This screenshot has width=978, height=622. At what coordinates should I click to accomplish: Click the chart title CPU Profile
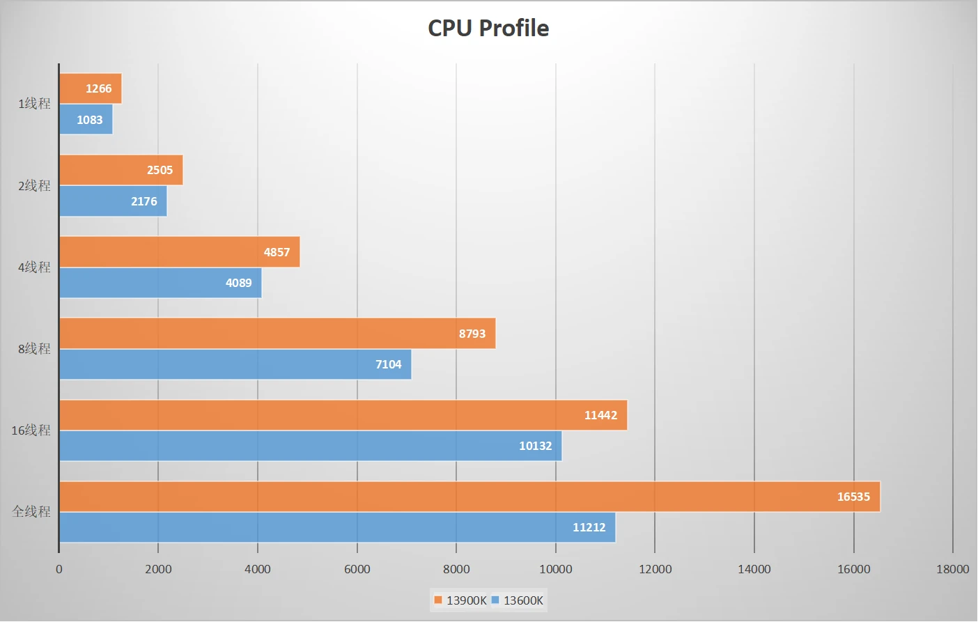click(488, 28)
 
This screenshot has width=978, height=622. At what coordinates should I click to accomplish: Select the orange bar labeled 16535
click(469, 497)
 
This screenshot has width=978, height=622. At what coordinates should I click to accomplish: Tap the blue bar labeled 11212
click(337, 527)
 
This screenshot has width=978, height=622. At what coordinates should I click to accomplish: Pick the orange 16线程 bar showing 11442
click(343, 415)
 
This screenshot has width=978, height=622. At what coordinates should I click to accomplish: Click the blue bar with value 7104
click(235, 364)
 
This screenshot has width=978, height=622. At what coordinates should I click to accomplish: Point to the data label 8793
click(472, 334)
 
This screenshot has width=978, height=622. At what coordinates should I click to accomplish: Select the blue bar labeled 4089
click(160, 283)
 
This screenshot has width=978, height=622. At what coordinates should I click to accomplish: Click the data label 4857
click(277, 252)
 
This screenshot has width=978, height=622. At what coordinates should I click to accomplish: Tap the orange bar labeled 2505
click(121, 170)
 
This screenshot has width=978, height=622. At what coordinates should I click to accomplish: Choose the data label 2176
click(143, 201)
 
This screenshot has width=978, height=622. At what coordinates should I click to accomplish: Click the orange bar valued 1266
click(90, 88)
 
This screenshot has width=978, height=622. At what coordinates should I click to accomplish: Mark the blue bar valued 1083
click(86, 120)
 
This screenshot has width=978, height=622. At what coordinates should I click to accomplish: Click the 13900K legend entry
click(460, 600)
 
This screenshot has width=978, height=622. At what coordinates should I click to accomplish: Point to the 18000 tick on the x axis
click(952, 569)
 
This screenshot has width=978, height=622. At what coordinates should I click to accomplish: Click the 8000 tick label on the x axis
click(456, 569)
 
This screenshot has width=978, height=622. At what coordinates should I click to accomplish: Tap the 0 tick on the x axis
click(59, 569)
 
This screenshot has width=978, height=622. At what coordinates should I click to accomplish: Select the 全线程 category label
click(31, 512)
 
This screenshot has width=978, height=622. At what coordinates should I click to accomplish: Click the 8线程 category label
click(34, 349)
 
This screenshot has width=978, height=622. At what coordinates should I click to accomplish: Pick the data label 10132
click(535, 446)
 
